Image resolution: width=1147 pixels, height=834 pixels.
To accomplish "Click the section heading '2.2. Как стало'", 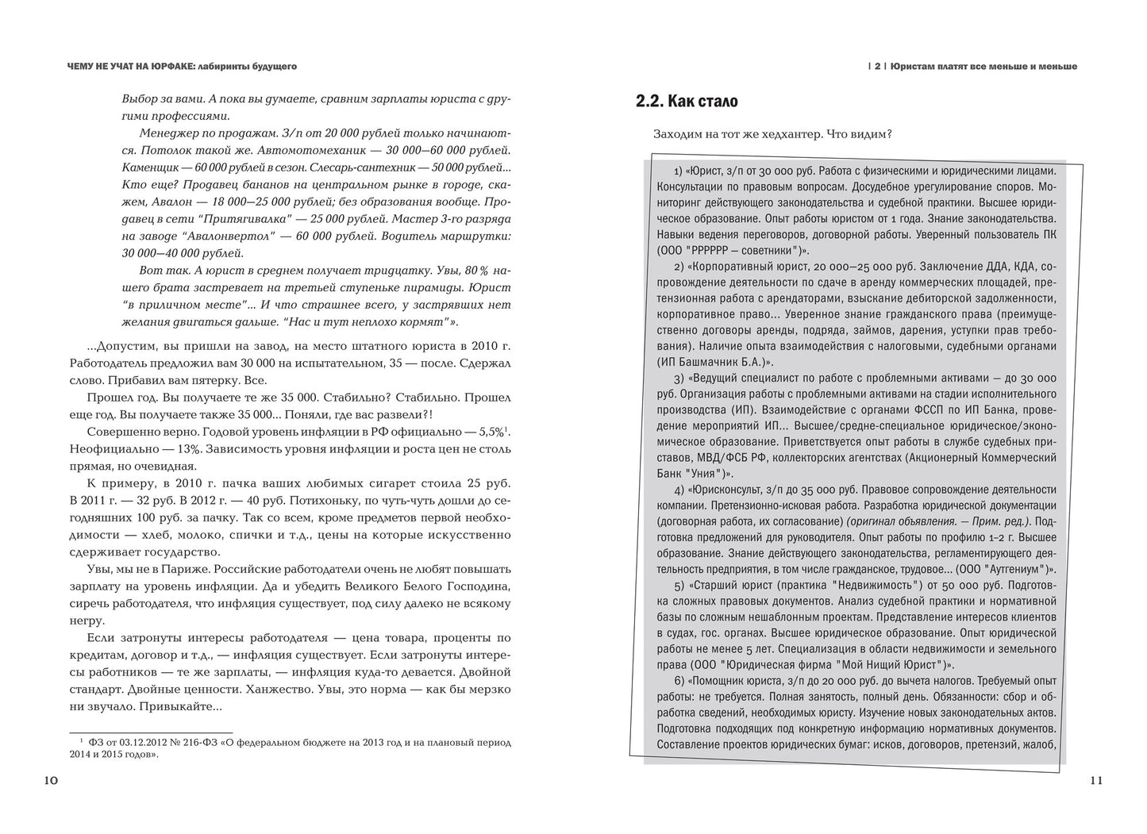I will coord(687,102).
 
